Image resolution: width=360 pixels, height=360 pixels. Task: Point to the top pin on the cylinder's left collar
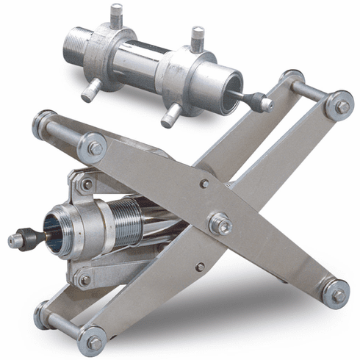115,14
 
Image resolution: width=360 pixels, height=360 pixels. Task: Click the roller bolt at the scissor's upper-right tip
341,106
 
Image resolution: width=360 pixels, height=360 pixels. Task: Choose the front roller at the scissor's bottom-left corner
93,341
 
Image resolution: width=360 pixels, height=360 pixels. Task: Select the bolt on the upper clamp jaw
87,184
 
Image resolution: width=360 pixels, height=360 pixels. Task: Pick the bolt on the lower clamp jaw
85,279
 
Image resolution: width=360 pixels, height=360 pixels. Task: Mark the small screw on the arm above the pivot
204,184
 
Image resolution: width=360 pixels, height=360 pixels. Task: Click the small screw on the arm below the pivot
199,267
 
